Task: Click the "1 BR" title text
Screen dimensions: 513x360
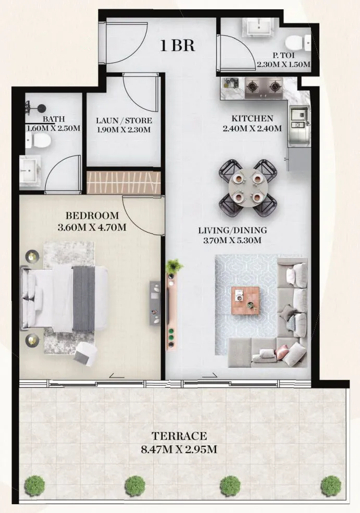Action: coord(178,45)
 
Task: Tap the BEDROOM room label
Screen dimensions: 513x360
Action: coord(92,216)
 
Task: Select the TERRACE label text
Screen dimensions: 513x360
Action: coord(179,436)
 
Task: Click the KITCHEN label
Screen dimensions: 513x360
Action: coord(252,119)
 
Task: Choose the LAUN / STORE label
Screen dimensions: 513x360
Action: coord(123,121)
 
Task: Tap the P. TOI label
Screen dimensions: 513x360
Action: coord(283,55)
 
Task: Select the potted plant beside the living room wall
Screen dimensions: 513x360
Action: coord(175,266)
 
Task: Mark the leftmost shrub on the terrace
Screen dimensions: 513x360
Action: coord(34,485)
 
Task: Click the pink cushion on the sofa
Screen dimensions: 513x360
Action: coord(283,352)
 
